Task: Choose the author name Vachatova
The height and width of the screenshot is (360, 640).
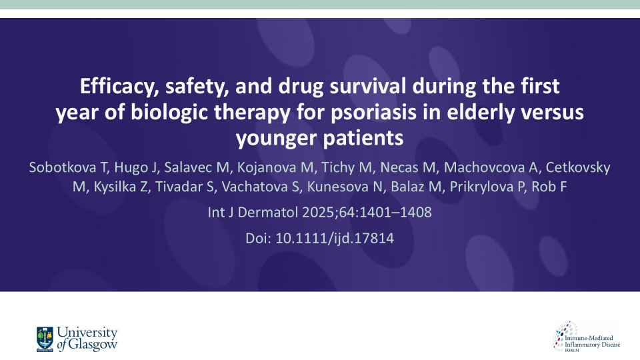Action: point(277,187)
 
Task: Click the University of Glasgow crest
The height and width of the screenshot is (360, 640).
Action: point(45,338)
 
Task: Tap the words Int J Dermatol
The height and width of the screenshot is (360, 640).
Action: point(249,213)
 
